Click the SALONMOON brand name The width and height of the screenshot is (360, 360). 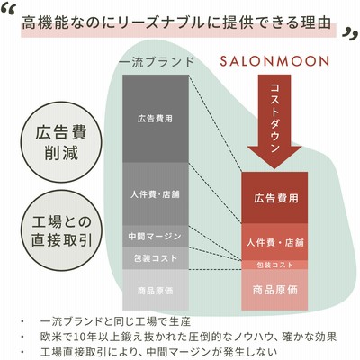point(274,61)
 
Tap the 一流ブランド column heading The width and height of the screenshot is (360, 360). point(157,62)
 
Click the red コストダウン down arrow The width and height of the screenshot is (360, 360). point(274,121)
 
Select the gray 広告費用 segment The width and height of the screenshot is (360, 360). point(156,119)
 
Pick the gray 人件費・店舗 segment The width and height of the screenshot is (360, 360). point(156,194)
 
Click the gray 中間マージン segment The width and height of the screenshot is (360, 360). point(156,236)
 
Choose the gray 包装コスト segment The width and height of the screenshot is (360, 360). point(156,258)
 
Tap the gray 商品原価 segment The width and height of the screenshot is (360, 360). point(156,290)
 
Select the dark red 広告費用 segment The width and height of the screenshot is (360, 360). point(274,198)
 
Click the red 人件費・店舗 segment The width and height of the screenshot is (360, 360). point(274,242)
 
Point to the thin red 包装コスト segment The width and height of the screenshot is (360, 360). point(274,265)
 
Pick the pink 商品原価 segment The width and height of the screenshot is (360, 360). point(274,290)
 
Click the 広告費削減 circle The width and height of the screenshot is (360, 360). point(61,142)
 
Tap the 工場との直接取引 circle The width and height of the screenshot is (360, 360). point(61,230)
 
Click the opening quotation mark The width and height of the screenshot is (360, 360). point(8,12)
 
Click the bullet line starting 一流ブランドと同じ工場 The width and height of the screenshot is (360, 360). point(115,322)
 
